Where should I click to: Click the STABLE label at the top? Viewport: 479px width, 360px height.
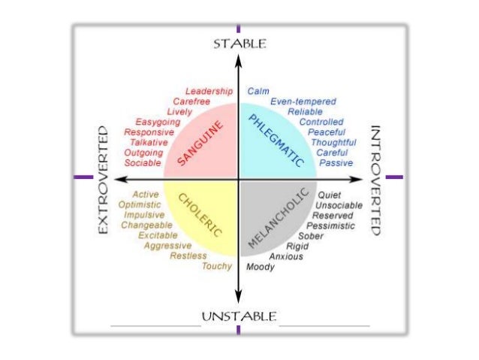point(239,44)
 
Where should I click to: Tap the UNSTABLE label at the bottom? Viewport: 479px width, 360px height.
point(239,315)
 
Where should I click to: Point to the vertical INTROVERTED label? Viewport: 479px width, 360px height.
point(376,180)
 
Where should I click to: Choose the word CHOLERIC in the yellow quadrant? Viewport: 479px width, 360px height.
point(200,215)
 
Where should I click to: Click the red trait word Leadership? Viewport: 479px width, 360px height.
point(209,91)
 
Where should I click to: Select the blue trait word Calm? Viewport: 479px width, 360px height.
point(258,91)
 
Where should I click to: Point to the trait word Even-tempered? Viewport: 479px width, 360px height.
point(303,101)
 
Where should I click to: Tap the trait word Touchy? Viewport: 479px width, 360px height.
point(218,267)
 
